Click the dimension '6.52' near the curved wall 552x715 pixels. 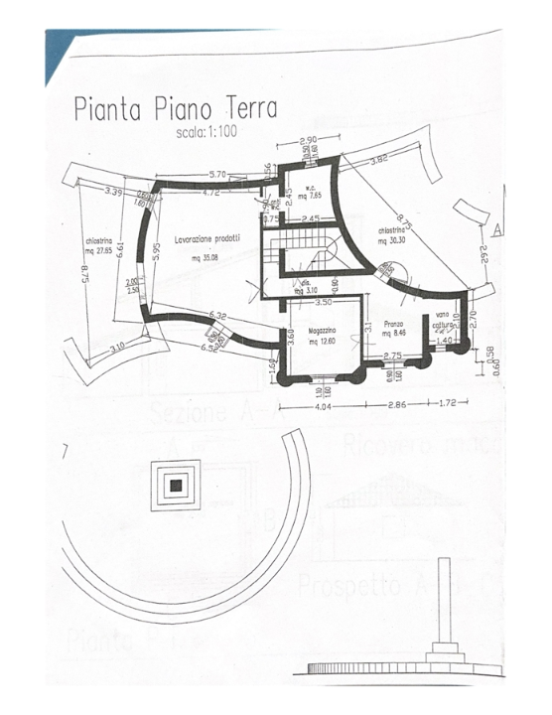pyautogui.click(x=209, y=348)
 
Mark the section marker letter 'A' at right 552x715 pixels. pyautogui.click(x=494, y=228)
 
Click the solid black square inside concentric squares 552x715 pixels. pyautogui.click(x=176, y=485)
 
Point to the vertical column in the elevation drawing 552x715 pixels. pyautogui.click(x=443, y=606)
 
